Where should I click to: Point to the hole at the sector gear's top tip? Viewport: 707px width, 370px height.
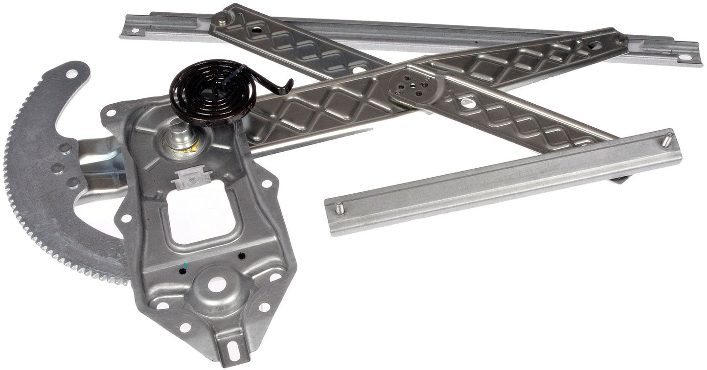point(71,74)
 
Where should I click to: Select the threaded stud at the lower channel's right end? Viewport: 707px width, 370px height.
point(666,140)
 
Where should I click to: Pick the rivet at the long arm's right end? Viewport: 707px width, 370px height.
point(620,39)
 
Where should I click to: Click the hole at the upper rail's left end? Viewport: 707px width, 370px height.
point(135,30)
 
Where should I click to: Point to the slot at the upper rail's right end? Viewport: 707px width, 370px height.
point(685,57)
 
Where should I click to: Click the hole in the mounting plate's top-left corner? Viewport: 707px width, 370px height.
point(111,113)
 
